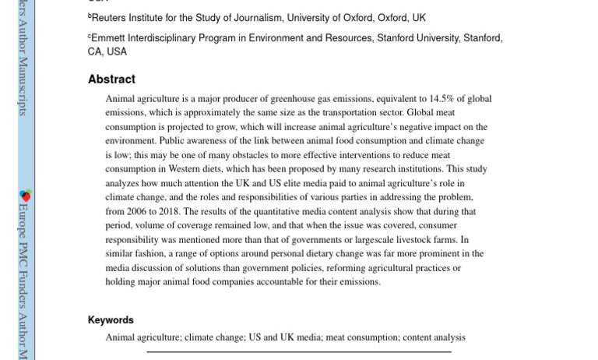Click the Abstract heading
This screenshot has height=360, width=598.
point(111,79)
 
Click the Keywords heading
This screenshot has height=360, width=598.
point(111,320)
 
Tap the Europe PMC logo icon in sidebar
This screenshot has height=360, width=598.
point(25,195)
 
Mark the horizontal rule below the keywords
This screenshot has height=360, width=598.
point(299,352)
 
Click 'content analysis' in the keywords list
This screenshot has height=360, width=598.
point(434,337)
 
